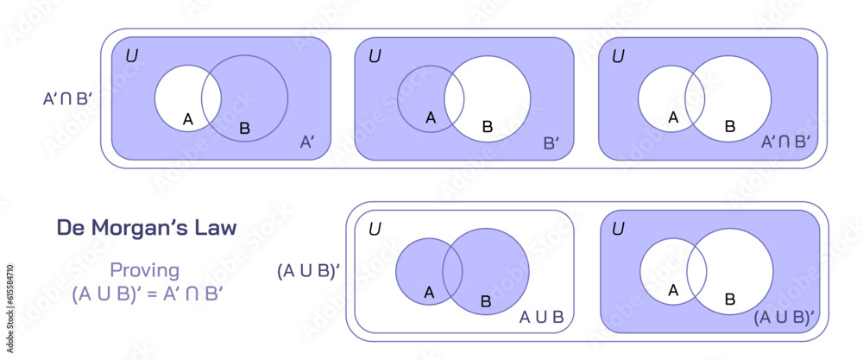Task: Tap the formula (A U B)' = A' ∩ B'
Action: [148, 293]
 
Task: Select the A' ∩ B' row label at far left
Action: [67, 98]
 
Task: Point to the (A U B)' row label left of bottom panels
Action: [308, 270]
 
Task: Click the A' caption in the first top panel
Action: [306, 141]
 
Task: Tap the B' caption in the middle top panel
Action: [552, 141]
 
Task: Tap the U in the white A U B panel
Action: [375, 230]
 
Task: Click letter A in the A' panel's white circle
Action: [187, 119]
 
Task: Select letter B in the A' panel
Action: [244, 129]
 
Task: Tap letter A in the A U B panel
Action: [429, 293]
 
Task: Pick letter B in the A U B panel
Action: [485, 301]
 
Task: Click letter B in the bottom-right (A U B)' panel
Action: [729, 300]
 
